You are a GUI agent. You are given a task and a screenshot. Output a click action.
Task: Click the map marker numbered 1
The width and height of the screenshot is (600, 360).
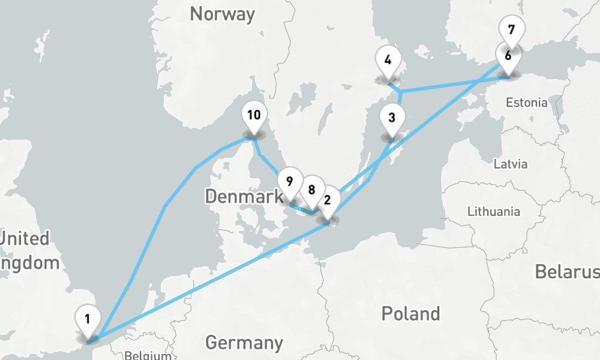pyautogui.click(x=88, y=320)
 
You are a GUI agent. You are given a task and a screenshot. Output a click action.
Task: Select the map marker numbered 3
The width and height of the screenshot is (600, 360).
pyautogui.click(x=392, y=118)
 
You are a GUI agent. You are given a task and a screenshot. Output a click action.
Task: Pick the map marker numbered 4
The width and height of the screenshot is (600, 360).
pyautogui.click(x=388, y=60)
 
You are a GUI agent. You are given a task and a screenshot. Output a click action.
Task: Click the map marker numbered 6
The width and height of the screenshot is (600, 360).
pyautogui.click(x=508, y=56)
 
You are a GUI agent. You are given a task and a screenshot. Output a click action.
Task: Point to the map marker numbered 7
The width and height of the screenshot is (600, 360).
pyautogui.click(x=511, y=29)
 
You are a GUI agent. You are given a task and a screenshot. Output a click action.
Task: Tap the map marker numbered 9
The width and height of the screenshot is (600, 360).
pyautogui.click(x=290, y=181)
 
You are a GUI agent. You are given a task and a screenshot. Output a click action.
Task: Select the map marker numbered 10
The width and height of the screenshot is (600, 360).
pyautogui.click(x=254, y=115)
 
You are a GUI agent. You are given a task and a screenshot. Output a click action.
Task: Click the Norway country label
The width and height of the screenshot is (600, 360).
pyautogui.click(x=222, y=14)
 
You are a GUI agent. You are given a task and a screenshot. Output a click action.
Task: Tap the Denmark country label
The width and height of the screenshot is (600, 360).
pyautogui.click(x=244, y=196)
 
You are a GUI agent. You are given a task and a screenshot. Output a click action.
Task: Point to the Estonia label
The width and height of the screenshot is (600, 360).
pyautogui.click(x=526, y=103)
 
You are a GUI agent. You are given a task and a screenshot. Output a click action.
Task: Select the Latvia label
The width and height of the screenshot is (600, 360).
pyautogui.click(x=510, y=164)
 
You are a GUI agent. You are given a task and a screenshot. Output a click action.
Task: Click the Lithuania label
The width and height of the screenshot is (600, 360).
pyautogui.click(x=494, y=211)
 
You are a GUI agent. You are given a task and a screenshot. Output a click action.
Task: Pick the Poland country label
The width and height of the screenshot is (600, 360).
pyautogui.click(x=410, y=313)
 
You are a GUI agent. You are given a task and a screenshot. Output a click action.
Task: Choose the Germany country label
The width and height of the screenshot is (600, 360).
pyautogui.click(x=244, y=343)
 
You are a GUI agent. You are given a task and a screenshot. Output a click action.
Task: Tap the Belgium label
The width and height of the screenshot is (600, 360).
pyautogui.click(x=148, y=355)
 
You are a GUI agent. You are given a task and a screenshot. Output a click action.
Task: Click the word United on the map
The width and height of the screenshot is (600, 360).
pyautogui.click(x=24, y=239)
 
